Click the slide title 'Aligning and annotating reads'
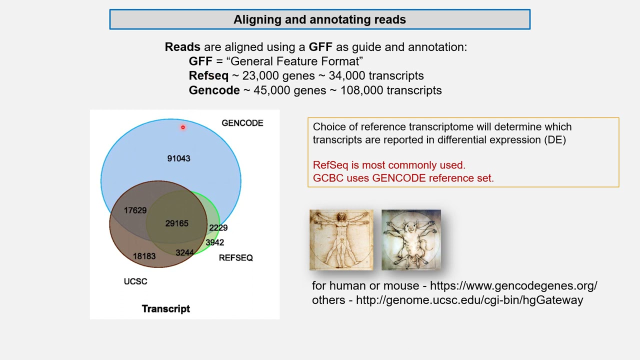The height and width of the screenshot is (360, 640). tap(319, 19)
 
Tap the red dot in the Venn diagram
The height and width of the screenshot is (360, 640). tap(183, 127)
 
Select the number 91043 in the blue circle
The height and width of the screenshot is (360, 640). tap(178, 158)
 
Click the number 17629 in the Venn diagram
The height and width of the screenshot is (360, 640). tap(135, 210)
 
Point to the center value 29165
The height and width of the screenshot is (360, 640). tap(177, 223)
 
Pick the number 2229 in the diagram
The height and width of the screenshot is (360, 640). tap(218, 228)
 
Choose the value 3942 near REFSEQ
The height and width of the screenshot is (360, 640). tap(215, 242)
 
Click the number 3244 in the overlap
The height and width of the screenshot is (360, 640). tap(184, 253)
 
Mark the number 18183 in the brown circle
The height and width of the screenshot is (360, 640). tap(144, 256)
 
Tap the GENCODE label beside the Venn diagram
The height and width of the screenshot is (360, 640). tap(242, 123)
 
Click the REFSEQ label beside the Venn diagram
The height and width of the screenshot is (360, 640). tap(236, 258)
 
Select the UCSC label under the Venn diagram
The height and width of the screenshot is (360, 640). tap(135, 281)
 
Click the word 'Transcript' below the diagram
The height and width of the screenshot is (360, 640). tap(166, 309)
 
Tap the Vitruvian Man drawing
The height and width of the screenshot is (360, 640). tap(341, 240)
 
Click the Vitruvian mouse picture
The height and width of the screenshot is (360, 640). tap(411, 240)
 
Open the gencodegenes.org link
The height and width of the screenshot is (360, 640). tap(513, 286)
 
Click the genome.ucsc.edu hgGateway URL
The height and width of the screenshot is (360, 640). tap(469, 300)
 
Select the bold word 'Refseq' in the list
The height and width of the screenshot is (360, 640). tap(208, 76)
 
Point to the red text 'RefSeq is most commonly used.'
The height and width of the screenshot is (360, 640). tap(389, 165)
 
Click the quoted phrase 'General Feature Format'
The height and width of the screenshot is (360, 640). tap(294, 61)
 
